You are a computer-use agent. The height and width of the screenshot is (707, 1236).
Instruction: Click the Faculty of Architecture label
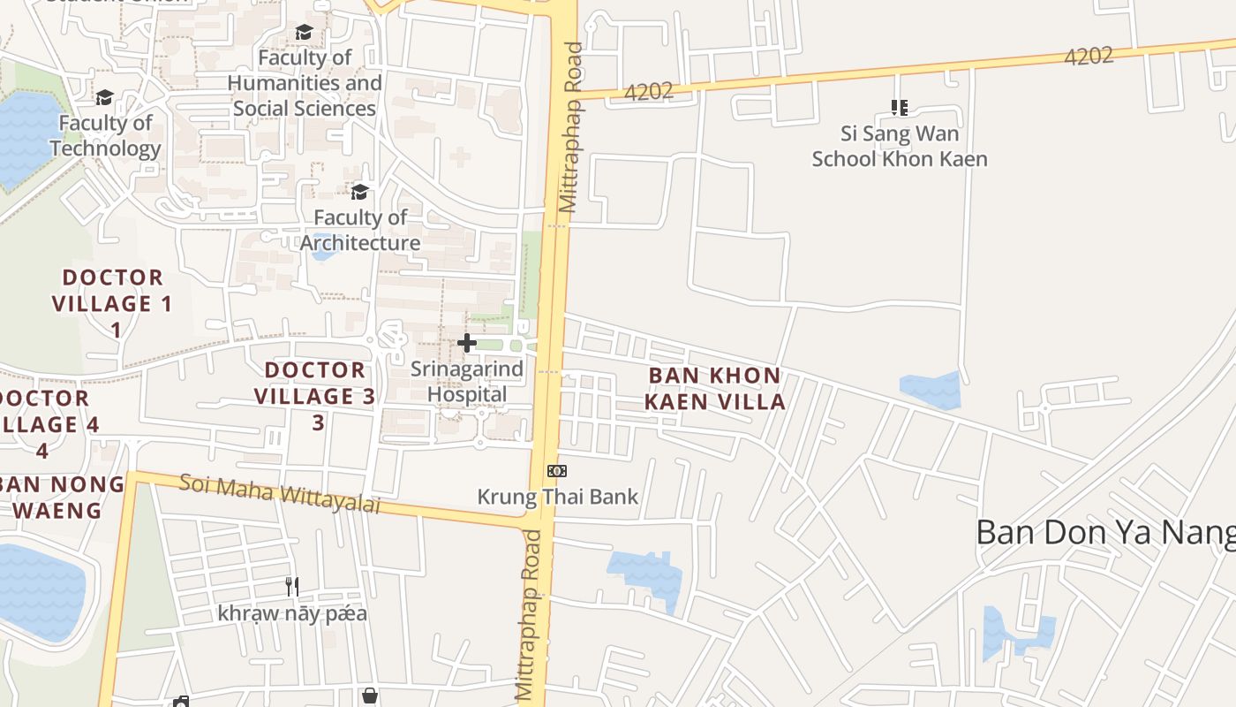[x=360, y=230]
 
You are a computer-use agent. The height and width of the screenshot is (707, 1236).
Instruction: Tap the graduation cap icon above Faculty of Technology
[x=105, y=97]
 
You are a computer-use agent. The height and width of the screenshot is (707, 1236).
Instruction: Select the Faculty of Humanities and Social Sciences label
[x=305, y=83]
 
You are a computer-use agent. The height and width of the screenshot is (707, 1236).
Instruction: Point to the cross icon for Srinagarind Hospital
[x=467, y=343]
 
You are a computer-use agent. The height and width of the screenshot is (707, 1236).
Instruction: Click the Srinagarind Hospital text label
[x=467, y=382]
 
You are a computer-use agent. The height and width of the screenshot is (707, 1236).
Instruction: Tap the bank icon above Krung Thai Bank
[x=557, y=471]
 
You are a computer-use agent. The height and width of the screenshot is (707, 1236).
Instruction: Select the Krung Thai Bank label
[x=557, y=497]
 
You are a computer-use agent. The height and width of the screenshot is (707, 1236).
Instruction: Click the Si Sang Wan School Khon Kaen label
[x=900, y=146]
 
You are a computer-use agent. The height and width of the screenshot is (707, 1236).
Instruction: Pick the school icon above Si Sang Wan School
[x=900, y=108]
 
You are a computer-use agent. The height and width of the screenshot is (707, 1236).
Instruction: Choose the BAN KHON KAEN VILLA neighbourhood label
[x=714, y=389]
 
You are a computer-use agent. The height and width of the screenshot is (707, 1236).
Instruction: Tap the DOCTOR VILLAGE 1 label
[x=113, y=303]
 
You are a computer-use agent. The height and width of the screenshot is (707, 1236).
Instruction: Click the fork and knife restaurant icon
[x=292, y=586]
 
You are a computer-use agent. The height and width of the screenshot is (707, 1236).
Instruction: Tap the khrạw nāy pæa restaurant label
[x=292, y=613]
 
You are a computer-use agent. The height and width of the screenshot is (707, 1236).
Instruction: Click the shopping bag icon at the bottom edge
[x=370, y=696]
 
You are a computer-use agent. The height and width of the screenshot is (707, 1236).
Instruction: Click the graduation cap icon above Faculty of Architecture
[x=359, y=192]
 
